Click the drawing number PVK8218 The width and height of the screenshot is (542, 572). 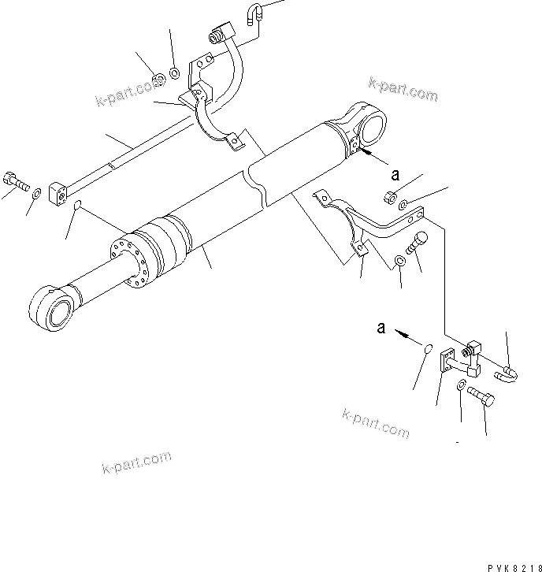[x=508, y=565]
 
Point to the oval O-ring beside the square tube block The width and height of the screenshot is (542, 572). [x=76, y=206]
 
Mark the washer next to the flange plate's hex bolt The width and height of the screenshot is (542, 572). [x=460, y=385]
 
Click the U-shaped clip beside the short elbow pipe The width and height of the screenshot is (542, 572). [x=508, y=370]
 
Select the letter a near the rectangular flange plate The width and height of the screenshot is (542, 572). [x=381, y=328]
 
